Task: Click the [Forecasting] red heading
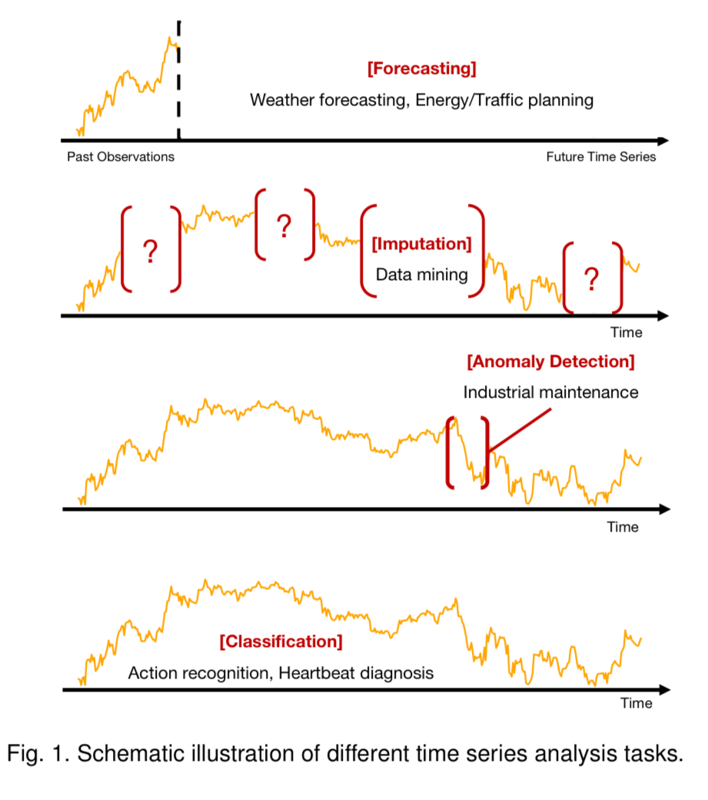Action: pyautogui.click(x=422, y=68)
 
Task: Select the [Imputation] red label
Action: pyautogui.click(x=422, y=245)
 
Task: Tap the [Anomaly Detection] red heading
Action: pyautogui.click(x=550, y=361)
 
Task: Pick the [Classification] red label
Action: pyautogui.click(x=281, y=641)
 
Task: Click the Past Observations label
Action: pyautogui.click(x=121, y=157)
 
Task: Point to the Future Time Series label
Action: pyautogui.click(x=601, y=157)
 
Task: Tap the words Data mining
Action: pyautogui.click(x=422, y=274)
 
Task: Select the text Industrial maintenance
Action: pyautogui.click(x=550, y=392)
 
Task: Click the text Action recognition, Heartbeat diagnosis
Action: pyautogui.click(x=281, y=673)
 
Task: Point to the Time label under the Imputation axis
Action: pyautogui.click(x=627, y=333)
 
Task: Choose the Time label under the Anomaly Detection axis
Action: pyautogui.click(x=623, y=527)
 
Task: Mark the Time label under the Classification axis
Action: pyautogui.click(x=637, y=703)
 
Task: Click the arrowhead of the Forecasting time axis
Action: pyautogui.click(x=663, y=141)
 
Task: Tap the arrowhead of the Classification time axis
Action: pyautogui.click(x=663, y=690)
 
